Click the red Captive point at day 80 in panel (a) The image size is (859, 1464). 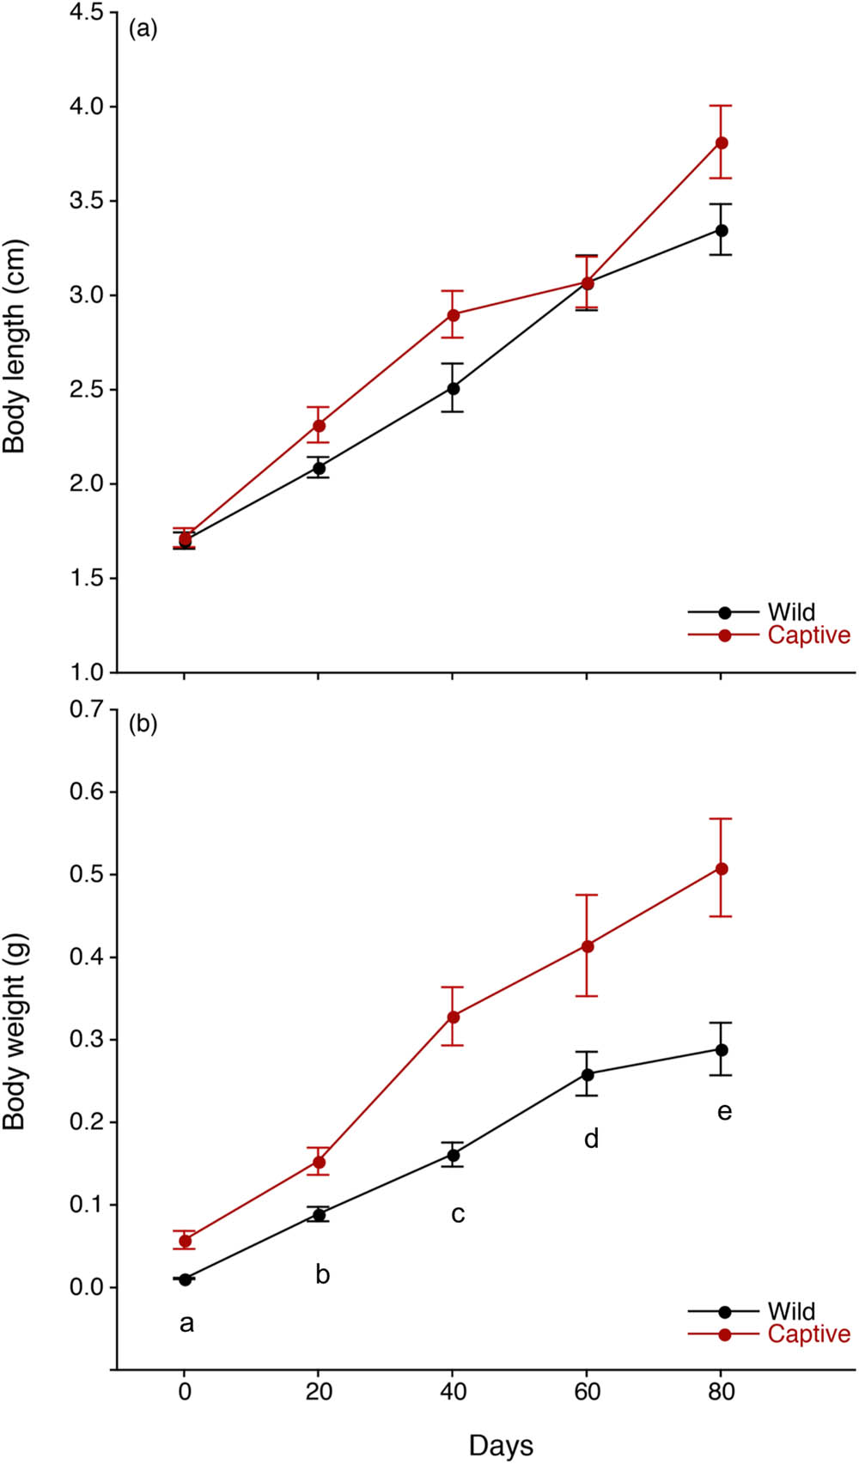(x=722, y=143)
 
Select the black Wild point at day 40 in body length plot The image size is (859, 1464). (x=453, y=388)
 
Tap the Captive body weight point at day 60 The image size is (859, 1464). (x=588, y=946)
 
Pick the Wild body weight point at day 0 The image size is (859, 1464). (x=185, y=1279)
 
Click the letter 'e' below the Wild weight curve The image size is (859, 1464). (x=724, y=1112)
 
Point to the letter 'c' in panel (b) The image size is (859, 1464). (x=458, y=1214)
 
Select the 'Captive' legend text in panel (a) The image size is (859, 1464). (x=808, y=635)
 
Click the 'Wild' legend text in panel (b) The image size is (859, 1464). (x=791, y=1311)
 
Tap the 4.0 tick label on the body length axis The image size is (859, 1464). (x=86, y=106)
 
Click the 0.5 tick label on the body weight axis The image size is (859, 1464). (x=86, y=874)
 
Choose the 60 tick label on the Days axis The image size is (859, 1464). (x=587, y=1392)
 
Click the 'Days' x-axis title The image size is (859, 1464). (x=501, y=1445)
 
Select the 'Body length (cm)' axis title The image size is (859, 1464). (x=15, y=346)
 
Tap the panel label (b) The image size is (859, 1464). (x=143, y=724)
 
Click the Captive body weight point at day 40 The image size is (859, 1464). (x=453, y=1017)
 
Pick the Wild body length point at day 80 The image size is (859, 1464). (x=722, y=230)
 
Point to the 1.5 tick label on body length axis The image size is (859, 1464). (x=86, y=578)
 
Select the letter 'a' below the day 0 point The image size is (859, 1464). (x=186, y=1324)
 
